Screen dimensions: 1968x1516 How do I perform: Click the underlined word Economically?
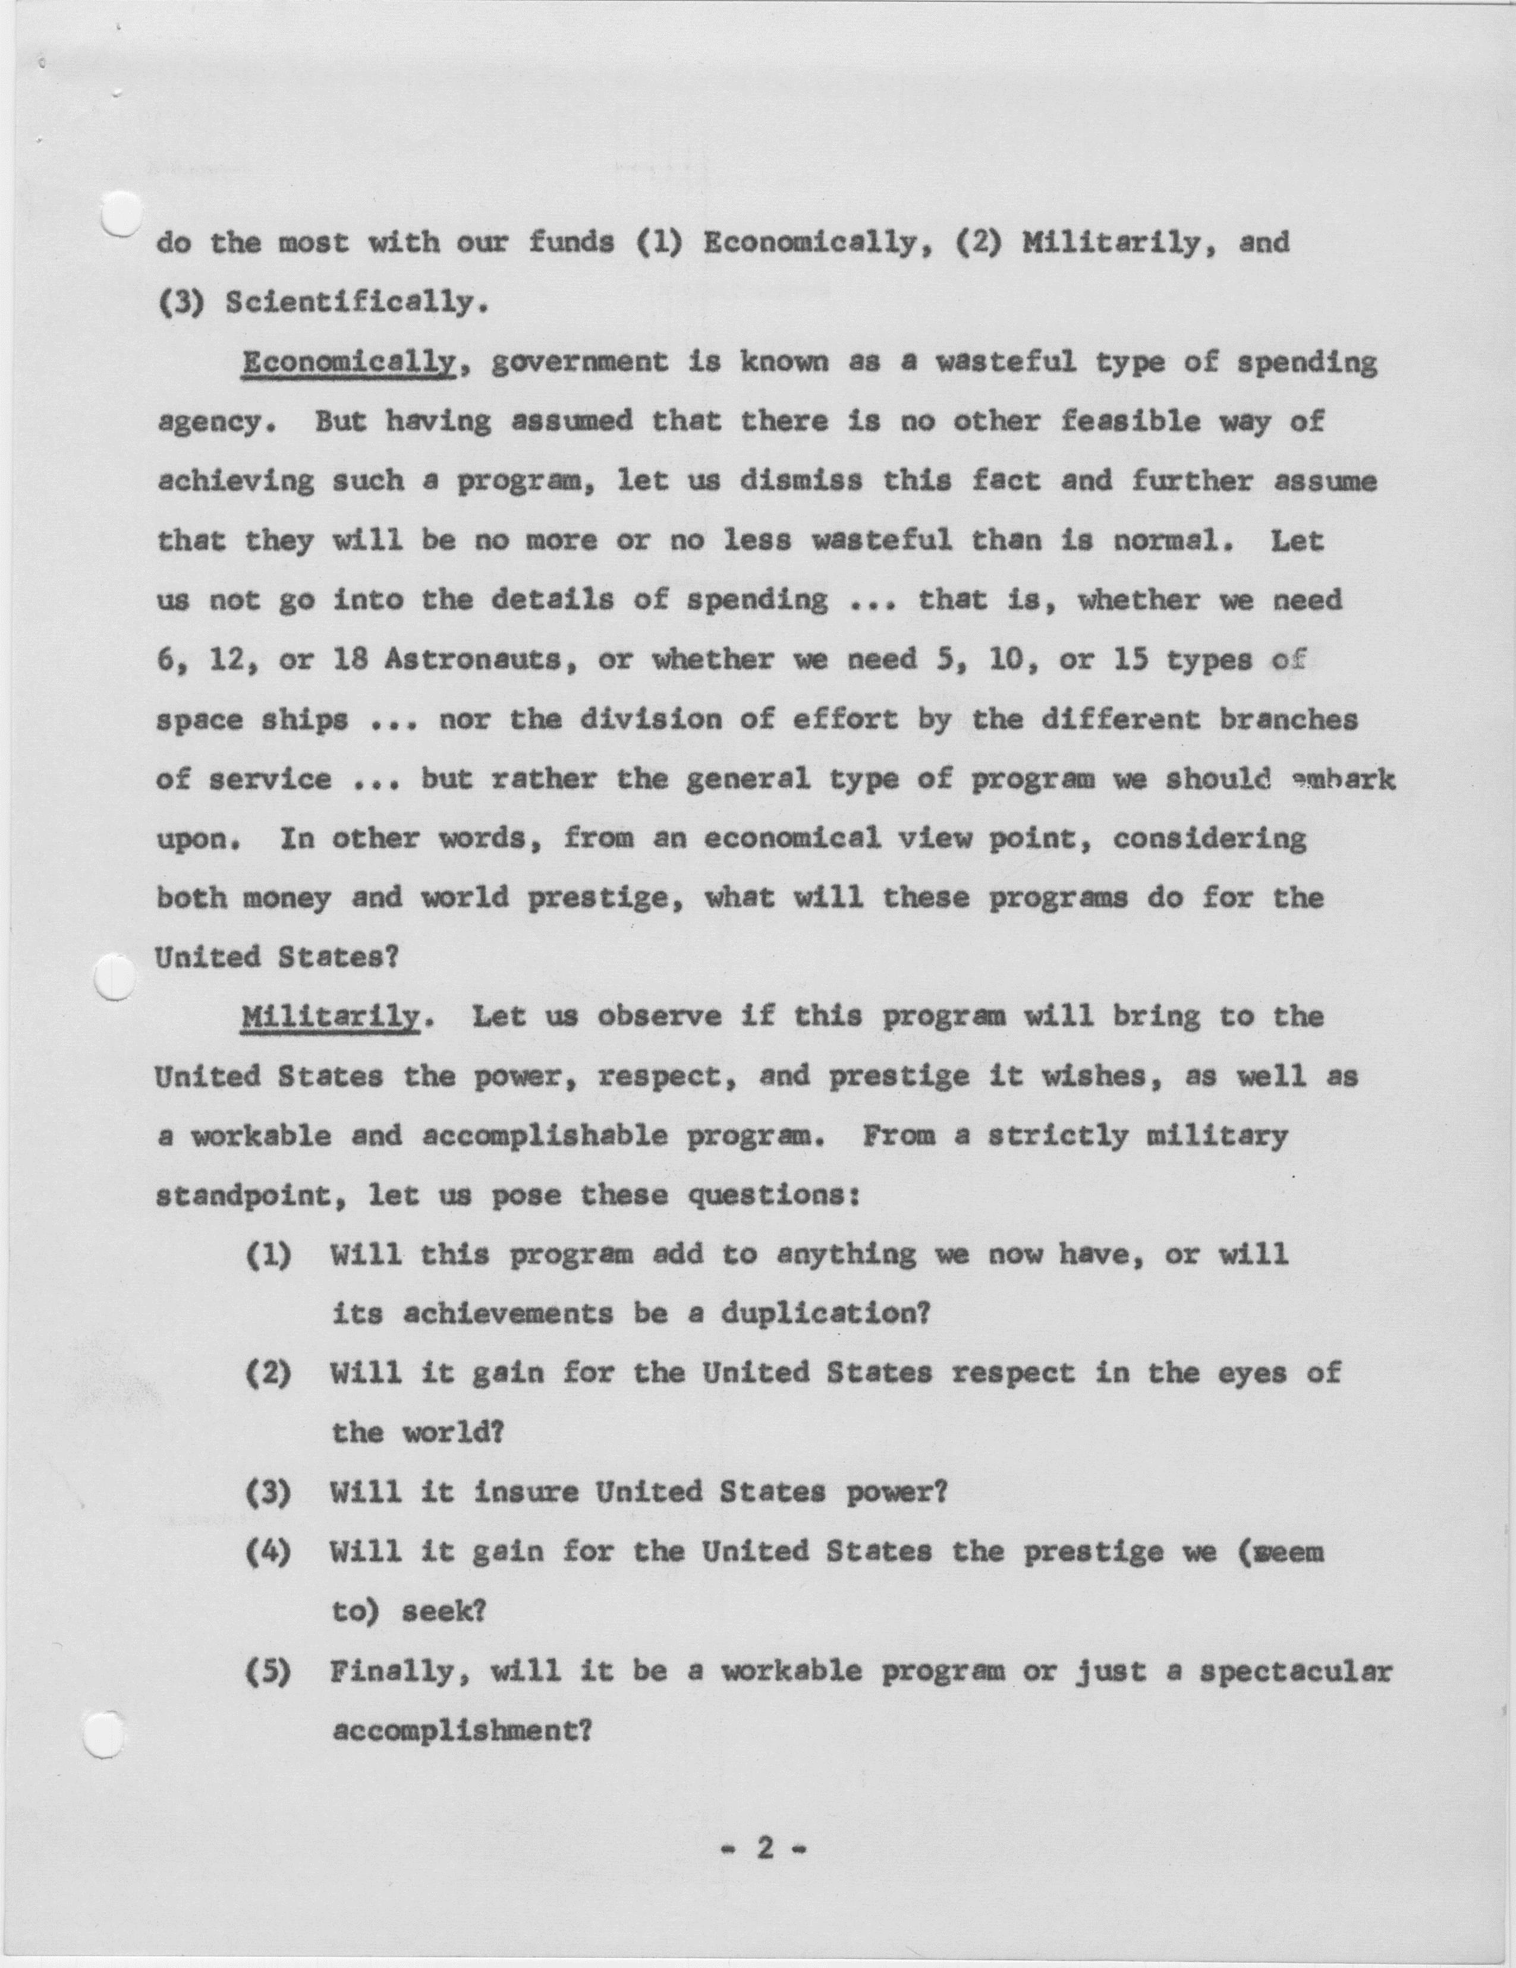point(348,362)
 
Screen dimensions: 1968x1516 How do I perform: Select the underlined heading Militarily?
point(330,1017)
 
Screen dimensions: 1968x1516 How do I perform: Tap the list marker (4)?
point(268,1553)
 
